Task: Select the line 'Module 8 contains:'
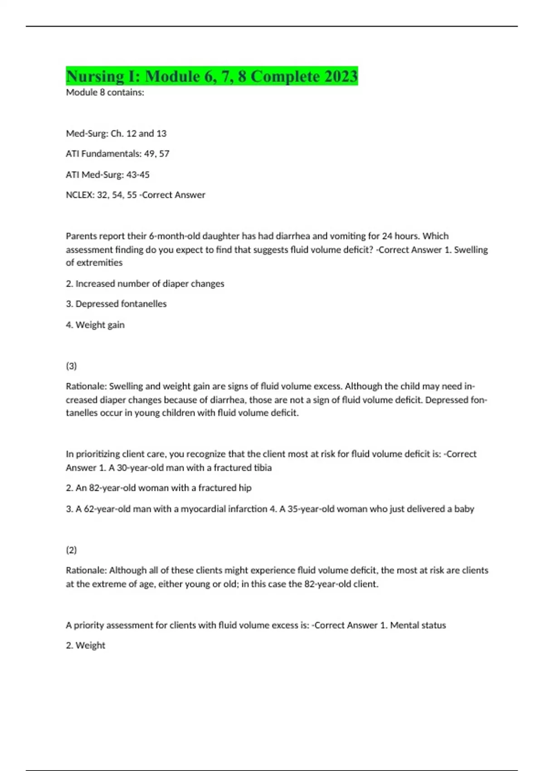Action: tap(105, 93)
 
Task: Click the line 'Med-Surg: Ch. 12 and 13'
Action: tap(116, 133)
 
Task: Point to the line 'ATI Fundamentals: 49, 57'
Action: tap(117, 154)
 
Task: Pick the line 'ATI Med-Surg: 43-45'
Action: tap(107, 175)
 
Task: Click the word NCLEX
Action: tap(79, 195)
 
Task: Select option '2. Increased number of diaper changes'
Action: tap(145, 284)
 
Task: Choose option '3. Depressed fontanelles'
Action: tap(116, 304)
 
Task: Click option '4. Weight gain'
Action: tap(95, 325)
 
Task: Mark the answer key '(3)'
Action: tap(71, 366)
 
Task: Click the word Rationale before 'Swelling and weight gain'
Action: tap(86, 386)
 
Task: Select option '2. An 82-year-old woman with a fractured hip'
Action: tap(159, 488)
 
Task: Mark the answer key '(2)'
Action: tap(71, 550)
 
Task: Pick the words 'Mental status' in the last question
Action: tap(418, 625)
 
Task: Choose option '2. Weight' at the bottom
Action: tap(85, 645)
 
